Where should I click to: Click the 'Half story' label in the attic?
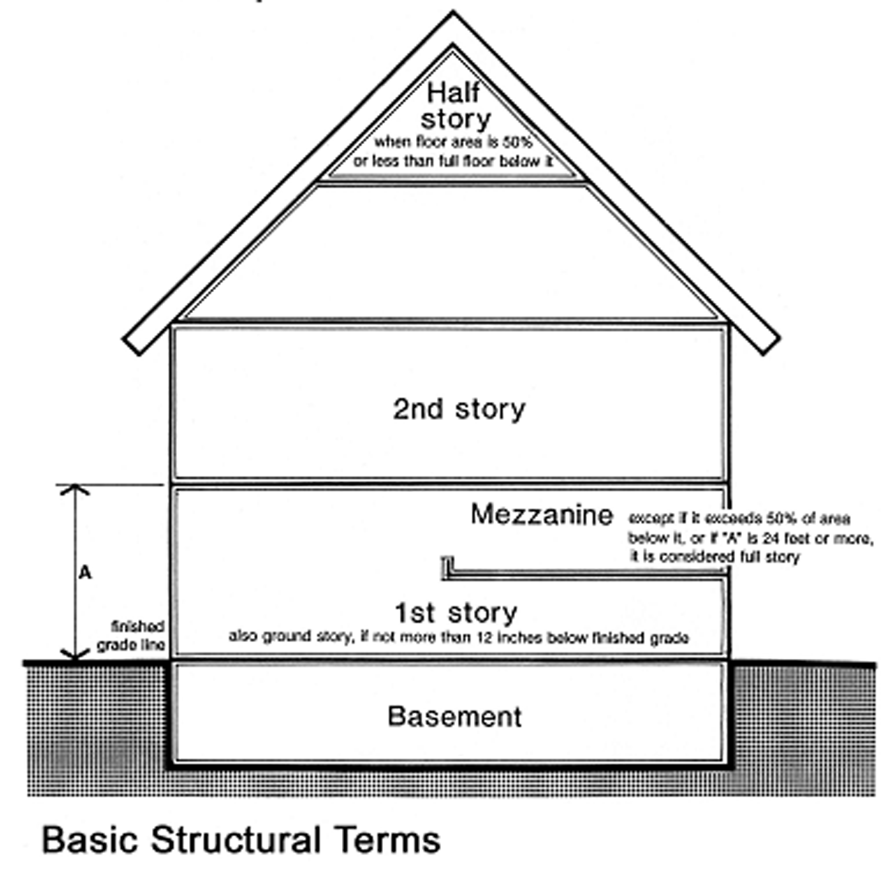click(455, 106)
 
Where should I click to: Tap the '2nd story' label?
click(458, 409)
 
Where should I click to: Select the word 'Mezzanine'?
click(541, 514)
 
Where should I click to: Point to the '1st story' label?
click(456, 612)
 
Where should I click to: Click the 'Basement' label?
click(454, 716)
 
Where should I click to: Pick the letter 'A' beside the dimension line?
click(85, 573)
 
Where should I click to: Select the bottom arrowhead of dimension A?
click(75, 654)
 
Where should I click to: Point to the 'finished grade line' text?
click(133, 636)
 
